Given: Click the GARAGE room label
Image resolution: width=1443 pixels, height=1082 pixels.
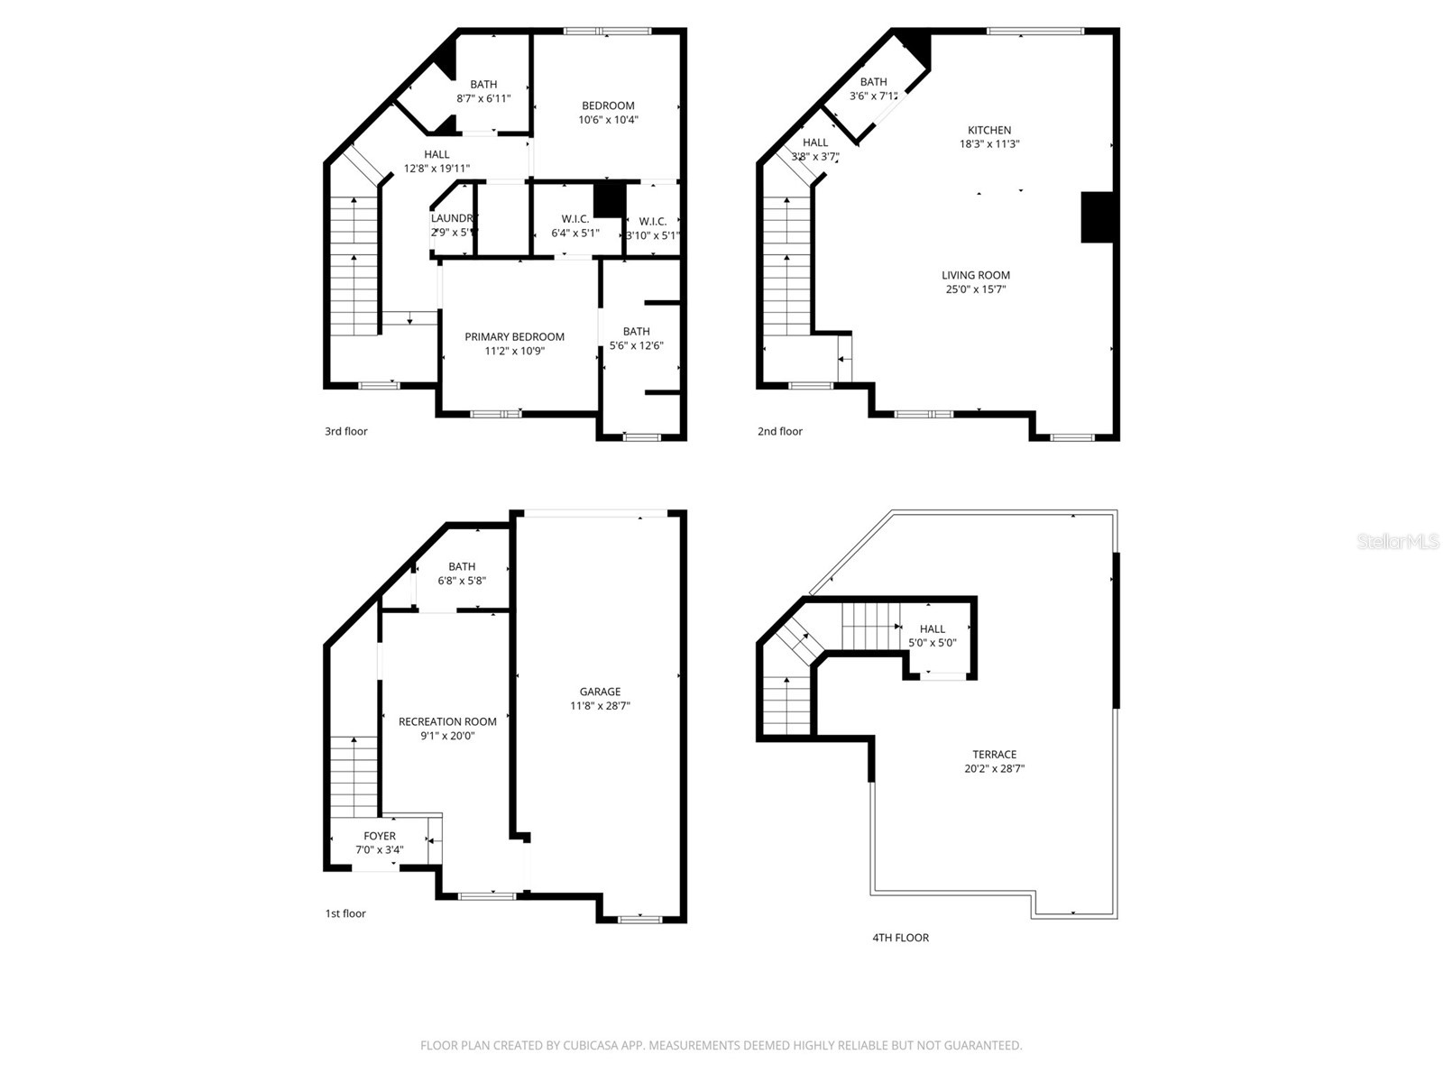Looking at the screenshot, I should point(600,692).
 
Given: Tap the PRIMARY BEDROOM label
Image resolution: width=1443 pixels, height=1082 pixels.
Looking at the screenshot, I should point(514,337).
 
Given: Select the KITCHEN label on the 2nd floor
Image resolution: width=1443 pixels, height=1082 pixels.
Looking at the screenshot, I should point(989,130).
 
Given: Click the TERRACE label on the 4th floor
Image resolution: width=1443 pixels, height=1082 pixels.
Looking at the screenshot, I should point(994,755).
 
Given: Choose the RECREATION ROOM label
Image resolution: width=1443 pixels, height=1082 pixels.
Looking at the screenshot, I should point(447,721).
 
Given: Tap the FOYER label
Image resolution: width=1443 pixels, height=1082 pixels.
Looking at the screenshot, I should point(379,836).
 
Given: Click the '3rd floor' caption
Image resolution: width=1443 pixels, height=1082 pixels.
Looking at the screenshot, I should point(346,431).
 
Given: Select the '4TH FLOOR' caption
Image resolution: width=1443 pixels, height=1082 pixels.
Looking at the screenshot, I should point(900,938).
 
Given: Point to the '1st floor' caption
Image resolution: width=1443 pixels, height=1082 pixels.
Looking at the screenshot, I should point(345,913).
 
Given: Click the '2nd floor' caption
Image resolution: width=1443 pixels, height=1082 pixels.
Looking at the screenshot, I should point(779,431).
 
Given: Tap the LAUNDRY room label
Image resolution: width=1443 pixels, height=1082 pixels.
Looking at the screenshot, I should point(452,218).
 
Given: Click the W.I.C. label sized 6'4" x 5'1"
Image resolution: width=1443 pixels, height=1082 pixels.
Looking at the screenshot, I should point(574,219).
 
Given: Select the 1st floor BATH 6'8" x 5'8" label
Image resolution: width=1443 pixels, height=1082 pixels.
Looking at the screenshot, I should point(462,567).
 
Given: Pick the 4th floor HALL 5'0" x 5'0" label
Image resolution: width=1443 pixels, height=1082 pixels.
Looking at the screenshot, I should point(933,629).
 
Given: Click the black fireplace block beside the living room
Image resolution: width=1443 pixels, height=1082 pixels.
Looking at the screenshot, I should point(1097,217).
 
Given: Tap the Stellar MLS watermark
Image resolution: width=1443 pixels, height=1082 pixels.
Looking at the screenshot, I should point(1399,542).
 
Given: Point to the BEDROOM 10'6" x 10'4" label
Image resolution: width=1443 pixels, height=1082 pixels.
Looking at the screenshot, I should point(608,105).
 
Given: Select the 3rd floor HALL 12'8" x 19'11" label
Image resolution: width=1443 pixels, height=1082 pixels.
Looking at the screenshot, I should point(437,154).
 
